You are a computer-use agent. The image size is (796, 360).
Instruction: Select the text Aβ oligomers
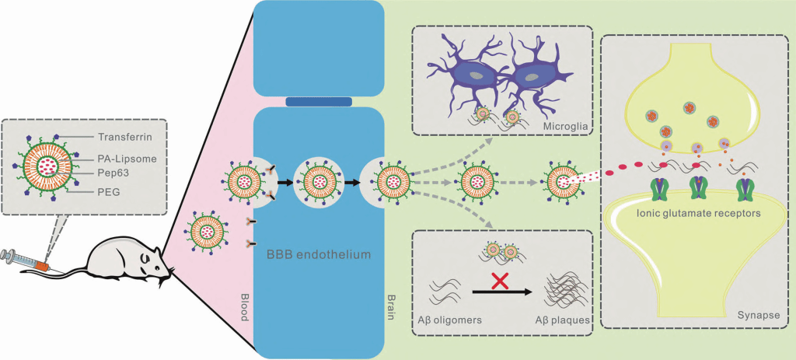coord(449,321)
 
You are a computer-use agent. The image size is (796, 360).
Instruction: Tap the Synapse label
coord(762,316)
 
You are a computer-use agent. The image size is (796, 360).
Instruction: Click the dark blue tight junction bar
coord(319,102)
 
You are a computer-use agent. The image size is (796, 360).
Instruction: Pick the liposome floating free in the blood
coord(207,232)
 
